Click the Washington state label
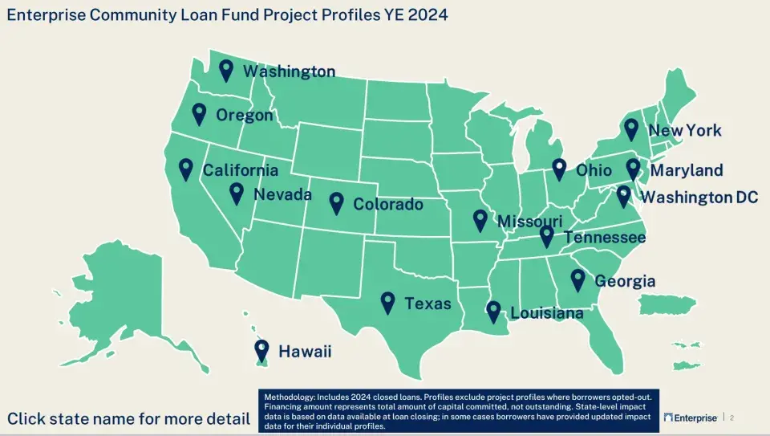click(289, 71)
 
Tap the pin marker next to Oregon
click(200, 114)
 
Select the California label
click(240, 170)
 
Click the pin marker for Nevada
click(237, 193)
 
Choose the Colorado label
click(388, 204)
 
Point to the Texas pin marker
click(388, 301)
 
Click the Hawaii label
click(304, 352)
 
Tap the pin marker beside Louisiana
click(493, 312)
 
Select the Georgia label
click(625, 281)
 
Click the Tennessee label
click(605, 238)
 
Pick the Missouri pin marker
click(480, 219)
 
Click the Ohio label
click(594, 170)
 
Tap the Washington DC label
click(699, 198)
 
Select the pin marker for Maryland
click(633, 169)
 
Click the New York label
click(684, 130)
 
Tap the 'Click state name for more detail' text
click(128, 418)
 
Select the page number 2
click(731, 418)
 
